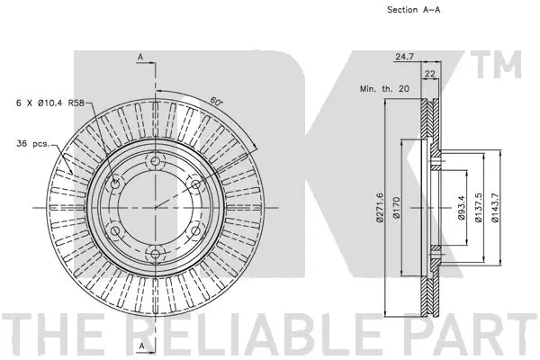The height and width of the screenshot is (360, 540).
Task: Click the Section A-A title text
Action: click(414, 10)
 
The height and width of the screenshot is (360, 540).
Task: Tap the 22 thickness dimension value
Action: click(430, 74)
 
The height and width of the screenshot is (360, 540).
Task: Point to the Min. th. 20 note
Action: click(384, 88)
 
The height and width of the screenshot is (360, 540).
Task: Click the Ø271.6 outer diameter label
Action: click(380, 207)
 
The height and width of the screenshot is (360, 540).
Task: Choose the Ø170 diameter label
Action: click(396, 207)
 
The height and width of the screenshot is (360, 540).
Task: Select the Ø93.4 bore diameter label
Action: click(462, 208)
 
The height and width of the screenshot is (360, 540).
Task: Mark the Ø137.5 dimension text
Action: click(479, 207)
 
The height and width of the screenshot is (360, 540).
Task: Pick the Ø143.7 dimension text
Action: click(495, 207)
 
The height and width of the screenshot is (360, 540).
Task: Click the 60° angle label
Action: click(216, 102)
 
